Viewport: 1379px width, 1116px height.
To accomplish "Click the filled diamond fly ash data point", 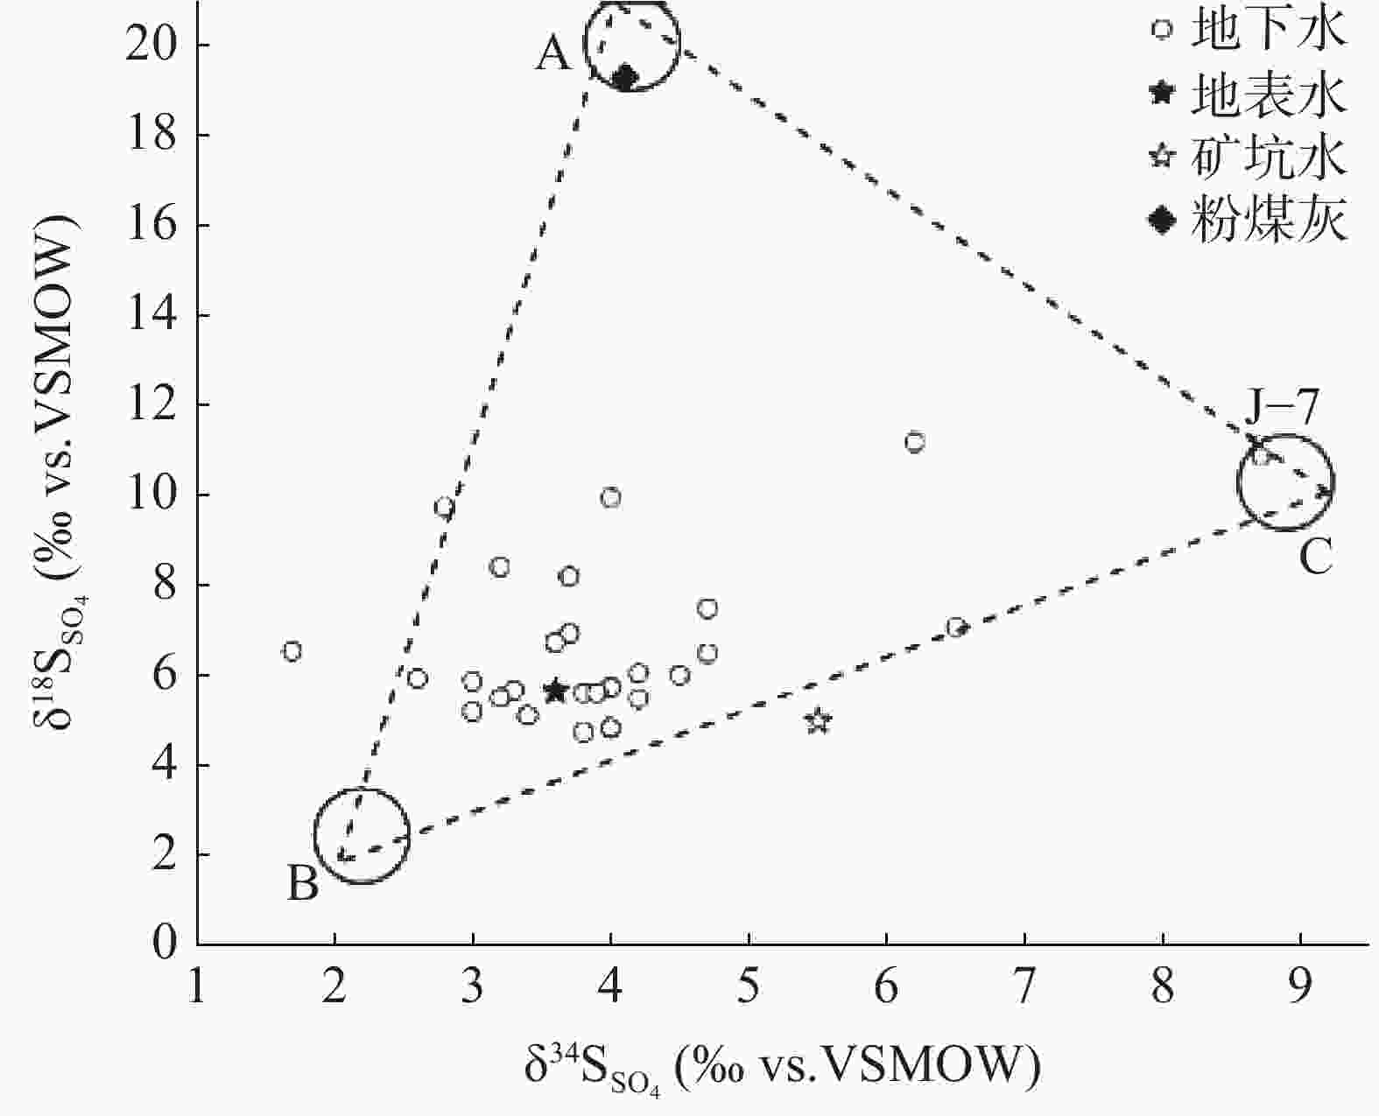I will tap(624, 78).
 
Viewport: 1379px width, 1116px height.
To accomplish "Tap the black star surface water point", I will tap(555, 691).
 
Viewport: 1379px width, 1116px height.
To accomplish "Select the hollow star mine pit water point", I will tap(818, 721).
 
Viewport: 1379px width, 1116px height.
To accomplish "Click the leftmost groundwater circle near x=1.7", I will tap(292, 651).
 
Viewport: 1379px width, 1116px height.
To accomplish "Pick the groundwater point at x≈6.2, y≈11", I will tap(915, 442).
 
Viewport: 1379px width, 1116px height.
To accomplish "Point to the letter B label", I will tap(303, 885).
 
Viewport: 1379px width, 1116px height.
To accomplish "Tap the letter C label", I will tap(1315, 557).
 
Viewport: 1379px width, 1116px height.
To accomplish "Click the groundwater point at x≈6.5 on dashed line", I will tap(956, 628).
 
